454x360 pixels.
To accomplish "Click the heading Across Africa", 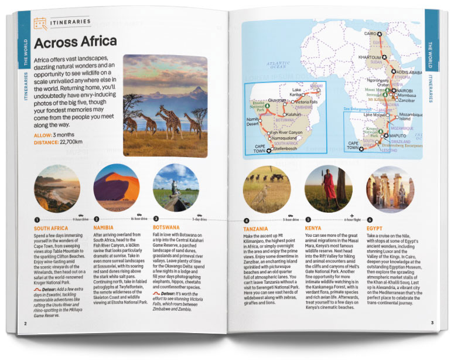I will tap(76, 43).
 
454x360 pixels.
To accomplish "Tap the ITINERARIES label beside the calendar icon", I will tap(71, 22).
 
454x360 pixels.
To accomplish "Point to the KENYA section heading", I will tap(315, 229).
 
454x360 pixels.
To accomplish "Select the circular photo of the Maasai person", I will tap(328, 188).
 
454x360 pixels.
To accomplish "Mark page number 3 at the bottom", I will tap(432, 322).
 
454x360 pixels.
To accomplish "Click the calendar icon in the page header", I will tap(40, 23).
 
